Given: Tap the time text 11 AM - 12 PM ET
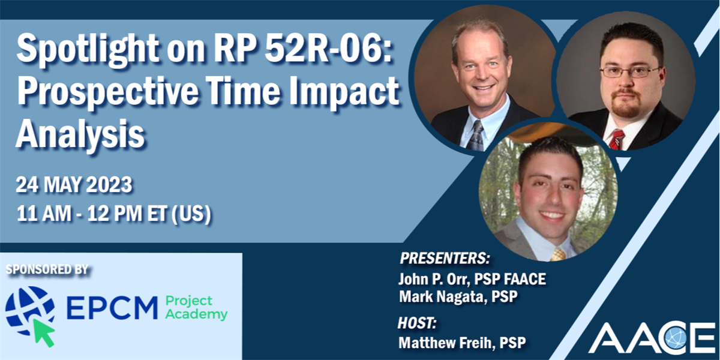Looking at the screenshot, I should tap(96, 214).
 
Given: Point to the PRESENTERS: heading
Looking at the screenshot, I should tap(445, 259).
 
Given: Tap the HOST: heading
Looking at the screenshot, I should tap(418, 323).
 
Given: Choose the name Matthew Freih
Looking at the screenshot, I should tap(445, 343).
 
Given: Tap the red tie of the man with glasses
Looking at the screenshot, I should tap(616, 139).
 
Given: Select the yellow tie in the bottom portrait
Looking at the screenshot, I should tap(558, 254).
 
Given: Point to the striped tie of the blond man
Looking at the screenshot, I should tap(476, 134).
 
